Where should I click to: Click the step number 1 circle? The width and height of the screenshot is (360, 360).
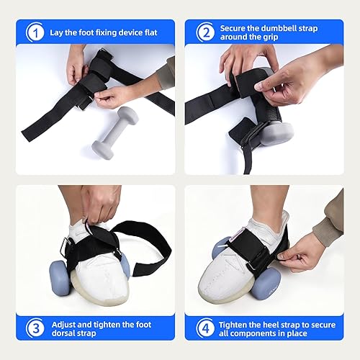coord(33,32)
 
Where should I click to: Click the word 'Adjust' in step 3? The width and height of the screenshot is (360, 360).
coord(63,323)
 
